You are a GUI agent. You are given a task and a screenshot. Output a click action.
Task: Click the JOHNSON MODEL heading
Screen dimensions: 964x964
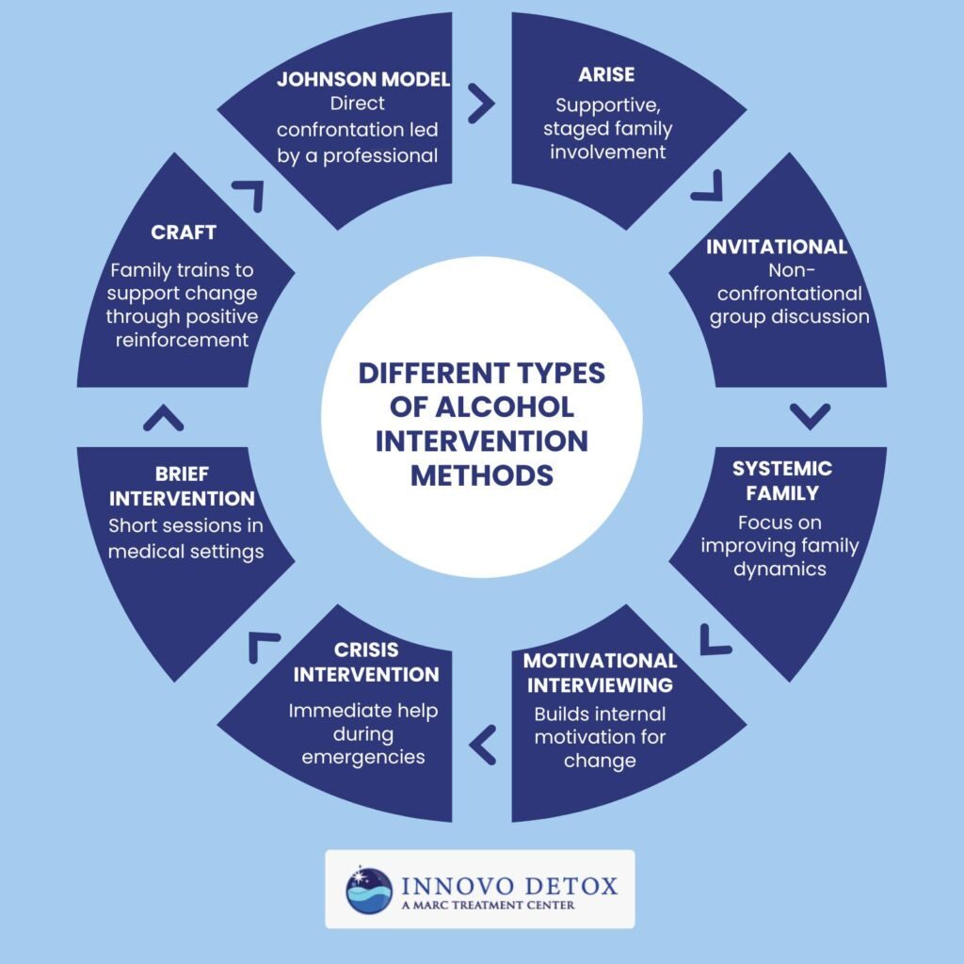point(363,79)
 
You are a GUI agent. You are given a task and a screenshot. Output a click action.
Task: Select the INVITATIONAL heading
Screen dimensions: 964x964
point(777,247)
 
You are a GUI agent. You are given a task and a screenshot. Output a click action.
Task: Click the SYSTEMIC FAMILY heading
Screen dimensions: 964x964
point(782,480)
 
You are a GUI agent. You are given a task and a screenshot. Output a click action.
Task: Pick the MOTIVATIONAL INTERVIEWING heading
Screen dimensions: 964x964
point(600,672)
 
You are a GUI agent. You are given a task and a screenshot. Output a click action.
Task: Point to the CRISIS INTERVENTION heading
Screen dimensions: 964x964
point(365,662)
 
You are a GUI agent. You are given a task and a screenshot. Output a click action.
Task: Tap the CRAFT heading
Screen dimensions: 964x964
point(185,232)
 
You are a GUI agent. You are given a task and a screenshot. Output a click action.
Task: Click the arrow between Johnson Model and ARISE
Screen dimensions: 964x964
point(481,104)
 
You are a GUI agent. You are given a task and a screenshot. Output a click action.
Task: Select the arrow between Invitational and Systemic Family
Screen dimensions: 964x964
point(811,415)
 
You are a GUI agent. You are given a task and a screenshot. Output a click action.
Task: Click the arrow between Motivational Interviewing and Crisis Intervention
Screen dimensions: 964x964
point(482,745)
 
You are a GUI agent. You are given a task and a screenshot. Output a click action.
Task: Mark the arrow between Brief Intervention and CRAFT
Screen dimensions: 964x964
point(163,417)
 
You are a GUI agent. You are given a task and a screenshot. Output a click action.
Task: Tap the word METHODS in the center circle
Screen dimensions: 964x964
point(482,475)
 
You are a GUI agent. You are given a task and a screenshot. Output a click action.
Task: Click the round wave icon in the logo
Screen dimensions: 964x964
point(369,890)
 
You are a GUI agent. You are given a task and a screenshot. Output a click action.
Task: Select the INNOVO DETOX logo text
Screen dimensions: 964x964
point(509,885)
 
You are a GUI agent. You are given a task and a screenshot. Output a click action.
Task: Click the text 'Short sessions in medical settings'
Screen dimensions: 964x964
point(185,538)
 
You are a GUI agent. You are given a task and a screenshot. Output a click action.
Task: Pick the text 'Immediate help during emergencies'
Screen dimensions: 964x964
point(362,733)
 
